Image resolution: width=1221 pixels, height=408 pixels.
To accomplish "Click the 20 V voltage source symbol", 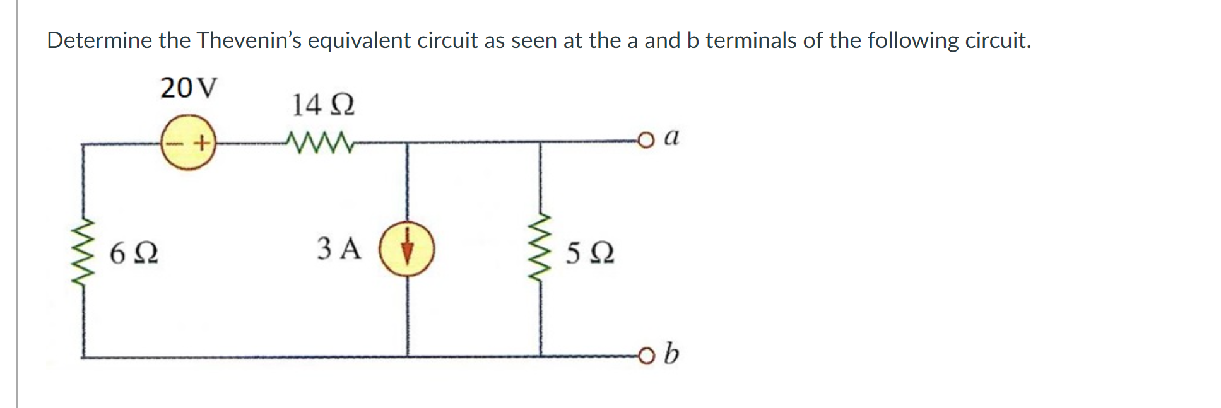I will point(187,143).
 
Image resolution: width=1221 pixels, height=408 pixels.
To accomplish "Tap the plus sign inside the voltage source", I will point(201,143).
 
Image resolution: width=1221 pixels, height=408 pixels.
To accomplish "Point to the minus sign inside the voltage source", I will point(172,143).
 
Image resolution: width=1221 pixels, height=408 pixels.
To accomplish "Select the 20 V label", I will point(188,88).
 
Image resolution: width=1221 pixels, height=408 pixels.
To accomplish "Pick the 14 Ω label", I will point(322,104).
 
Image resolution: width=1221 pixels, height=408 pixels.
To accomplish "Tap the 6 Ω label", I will point(134,254).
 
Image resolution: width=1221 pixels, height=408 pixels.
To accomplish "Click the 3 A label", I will point(339,248).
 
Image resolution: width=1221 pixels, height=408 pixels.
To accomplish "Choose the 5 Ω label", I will point(590,254).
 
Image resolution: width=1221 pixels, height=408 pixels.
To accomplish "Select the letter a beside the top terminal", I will point(673,136).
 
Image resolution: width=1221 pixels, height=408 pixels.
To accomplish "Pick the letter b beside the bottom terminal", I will point(672,354).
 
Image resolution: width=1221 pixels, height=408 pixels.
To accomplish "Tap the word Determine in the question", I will point(100,40).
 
